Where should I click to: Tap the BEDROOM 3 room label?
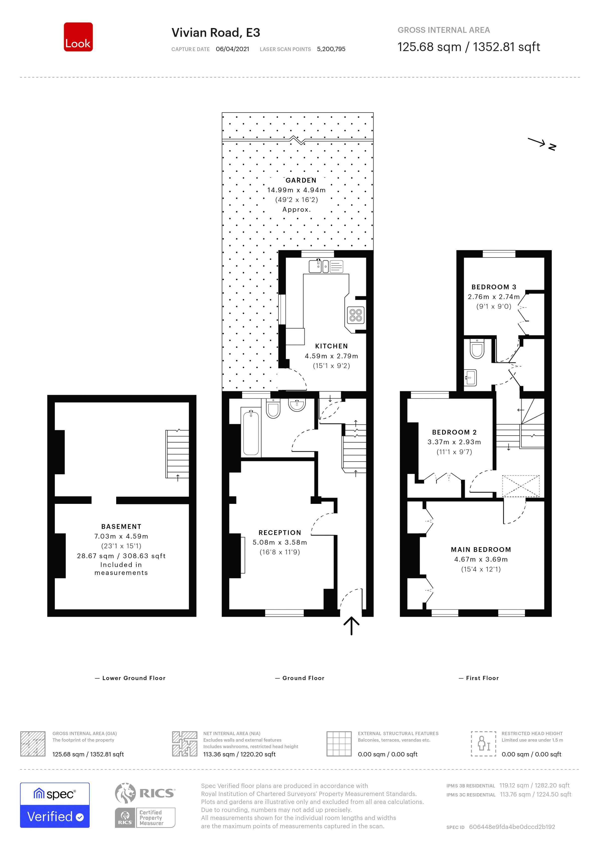pyautogui.click(x=494, y=287)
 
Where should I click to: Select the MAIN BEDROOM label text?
pyautogui.click(x=481, y=550)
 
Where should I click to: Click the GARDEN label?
pyautogui.click(x=301, y=180)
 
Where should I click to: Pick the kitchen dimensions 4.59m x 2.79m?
pyautogui.click(x=331, y=356)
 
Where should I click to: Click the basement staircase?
pyautogui.click(x=177, y=454)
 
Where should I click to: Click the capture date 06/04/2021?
pyautogui.click(x=232, y=49)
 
